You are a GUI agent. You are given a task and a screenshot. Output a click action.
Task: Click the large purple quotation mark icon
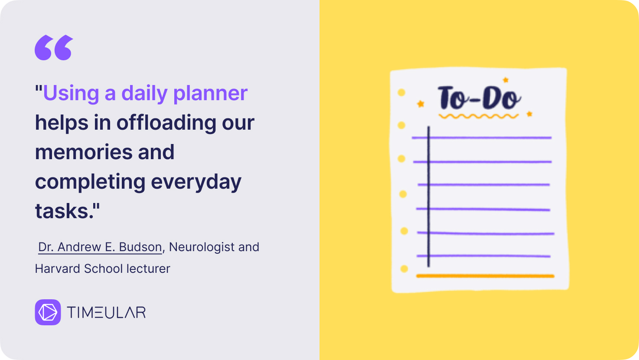pos(54,47)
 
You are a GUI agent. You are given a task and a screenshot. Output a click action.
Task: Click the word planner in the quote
pos(210,93)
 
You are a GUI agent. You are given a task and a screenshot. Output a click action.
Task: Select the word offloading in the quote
pos(166,122)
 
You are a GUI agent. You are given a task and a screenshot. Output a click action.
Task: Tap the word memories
pos(84,152)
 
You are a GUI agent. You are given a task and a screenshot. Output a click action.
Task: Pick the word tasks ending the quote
pos(64,211)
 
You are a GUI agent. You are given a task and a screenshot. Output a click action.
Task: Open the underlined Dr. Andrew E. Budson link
pos(100,247)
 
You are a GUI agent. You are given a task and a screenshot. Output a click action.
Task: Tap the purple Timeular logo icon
pos(48,312)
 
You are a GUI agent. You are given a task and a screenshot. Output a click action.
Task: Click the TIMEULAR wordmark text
pos(106,312)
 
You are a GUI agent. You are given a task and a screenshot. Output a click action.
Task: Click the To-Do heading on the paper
pos(479,97)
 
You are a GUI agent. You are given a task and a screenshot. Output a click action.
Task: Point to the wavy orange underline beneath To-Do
pos(479,116)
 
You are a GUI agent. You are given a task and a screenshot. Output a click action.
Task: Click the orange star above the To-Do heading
pos(505,80)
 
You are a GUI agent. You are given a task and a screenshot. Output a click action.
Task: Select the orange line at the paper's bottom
pos(485,276)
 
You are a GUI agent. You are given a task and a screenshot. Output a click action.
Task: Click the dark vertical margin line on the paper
pos(428,196)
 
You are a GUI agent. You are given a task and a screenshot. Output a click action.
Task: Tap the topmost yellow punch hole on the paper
pos(401,92)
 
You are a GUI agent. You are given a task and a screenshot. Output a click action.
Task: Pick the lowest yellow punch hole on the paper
pos(404,269)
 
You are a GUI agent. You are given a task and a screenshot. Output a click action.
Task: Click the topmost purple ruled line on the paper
pos(482,137)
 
